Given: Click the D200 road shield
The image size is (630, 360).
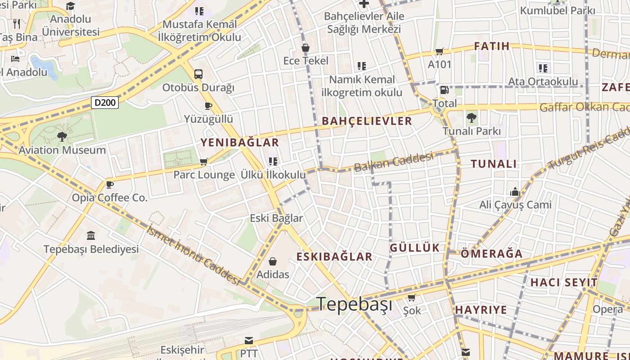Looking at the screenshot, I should point(105,103).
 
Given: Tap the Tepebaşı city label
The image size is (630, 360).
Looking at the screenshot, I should point(354,304).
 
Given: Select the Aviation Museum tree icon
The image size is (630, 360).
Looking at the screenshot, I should point(62,136).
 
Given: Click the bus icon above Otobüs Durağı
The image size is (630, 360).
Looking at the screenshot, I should point(198,74).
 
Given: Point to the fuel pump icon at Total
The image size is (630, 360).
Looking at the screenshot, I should point(444,90).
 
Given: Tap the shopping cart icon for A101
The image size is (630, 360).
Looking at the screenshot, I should point(439,51).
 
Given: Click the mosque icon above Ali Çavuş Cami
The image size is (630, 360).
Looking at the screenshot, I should point(515,192).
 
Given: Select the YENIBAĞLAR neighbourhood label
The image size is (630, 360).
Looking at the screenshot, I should point(239,143).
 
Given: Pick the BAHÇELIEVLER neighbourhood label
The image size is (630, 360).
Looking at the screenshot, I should point(367,121).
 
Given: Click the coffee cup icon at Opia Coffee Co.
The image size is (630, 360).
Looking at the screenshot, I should point(109,184).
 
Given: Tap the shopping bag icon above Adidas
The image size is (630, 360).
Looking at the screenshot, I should point(273,261).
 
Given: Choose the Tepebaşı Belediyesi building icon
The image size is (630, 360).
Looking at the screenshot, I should point(91,235).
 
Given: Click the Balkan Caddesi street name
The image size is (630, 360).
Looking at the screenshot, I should point(394,162).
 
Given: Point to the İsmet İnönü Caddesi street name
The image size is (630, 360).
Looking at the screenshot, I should point(193,255).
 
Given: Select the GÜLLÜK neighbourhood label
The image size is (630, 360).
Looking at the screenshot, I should point(414,247).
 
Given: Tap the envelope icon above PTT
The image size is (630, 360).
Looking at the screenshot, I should point(248,340).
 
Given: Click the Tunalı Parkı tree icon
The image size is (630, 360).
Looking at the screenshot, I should point(471,118).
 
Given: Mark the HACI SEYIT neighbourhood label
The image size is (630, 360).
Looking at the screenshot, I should point(564,283).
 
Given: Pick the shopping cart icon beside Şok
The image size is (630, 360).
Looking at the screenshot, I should point(411,297).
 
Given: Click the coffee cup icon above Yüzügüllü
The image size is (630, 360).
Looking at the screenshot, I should point(208,106).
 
